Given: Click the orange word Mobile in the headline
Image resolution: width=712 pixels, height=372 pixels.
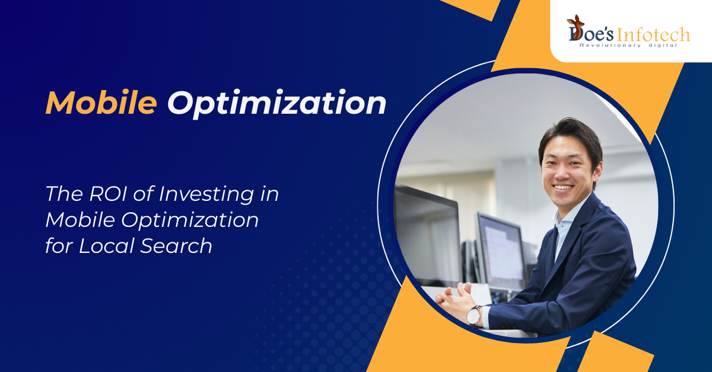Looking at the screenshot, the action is point(101,103).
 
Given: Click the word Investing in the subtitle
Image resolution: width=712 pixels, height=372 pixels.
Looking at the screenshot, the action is point(206,194).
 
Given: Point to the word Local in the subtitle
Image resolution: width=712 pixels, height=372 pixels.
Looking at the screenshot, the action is point(106,246).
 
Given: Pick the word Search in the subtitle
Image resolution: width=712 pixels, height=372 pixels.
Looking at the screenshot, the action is point(176,246).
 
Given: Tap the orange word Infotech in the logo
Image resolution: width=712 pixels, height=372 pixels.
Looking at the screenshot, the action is point(653,34).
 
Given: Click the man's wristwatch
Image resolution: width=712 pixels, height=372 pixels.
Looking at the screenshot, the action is point(474,316).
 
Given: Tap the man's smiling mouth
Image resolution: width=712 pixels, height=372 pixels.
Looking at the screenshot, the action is point(563,188).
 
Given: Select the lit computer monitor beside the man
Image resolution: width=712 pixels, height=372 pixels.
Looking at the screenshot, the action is point(501,252).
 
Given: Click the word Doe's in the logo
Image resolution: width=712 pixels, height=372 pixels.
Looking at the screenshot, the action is point(590,34).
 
